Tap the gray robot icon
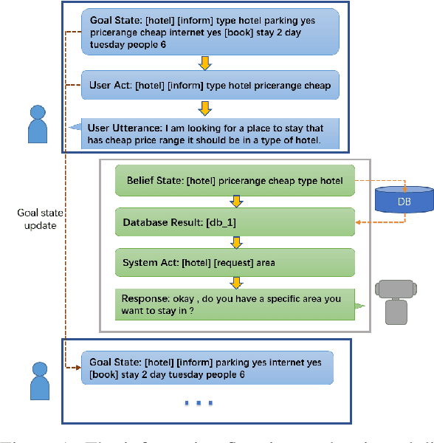pyautogui.click(x=396, y=301)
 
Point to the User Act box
pyautogui.click(x=210, y=85)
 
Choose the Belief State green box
pyautogui.click(x=235, y=180)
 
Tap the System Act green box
pyautogui.click(x=235, y=261)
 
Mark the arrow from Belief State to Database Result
pyautogui.click(x=235, y=201)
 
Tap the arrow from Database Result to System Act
pyautogui.click(x=235, y=241)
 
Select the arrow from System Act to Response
pyautogui.click(x=235, y=282)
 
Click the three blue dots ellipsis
pyautogui.click(x=199, y=403)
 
